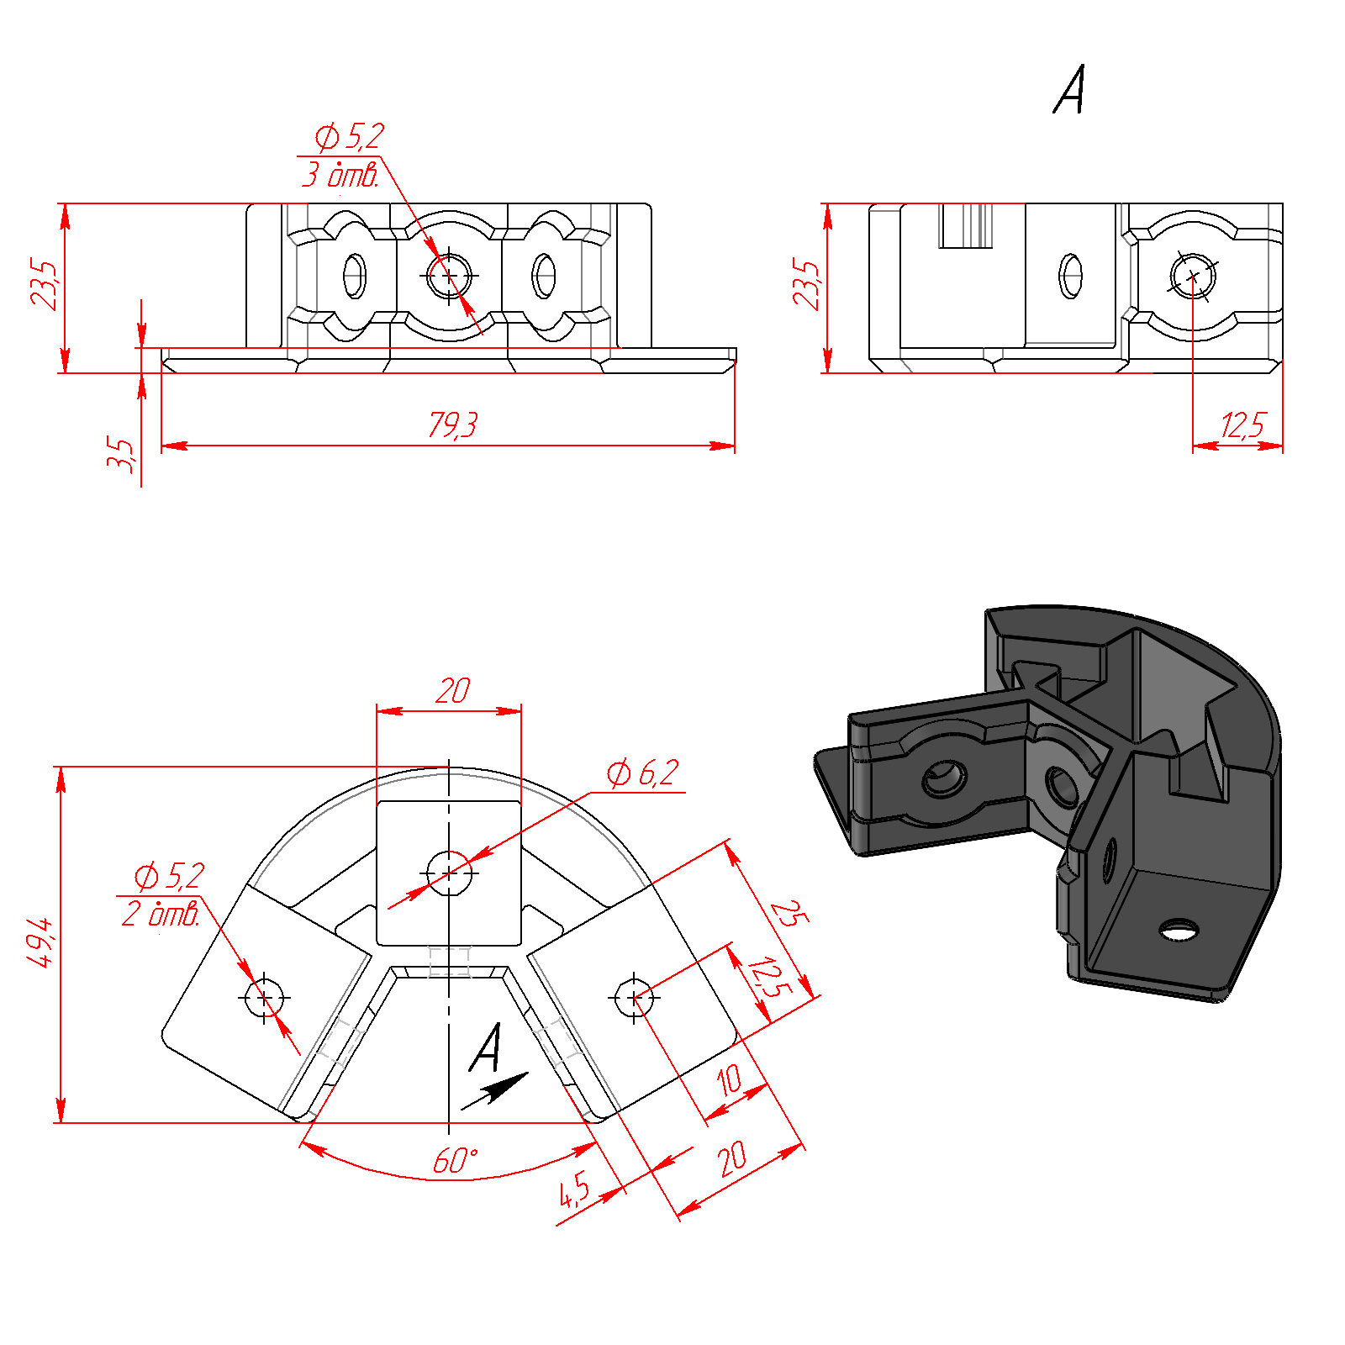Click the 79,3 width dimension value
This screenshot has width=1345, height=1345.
(x=452, y=425)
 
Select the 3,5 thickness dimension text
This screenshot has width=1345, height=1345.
(x=120, y=456)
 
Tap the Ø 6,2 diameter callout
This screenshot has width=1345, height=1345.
(x=642, y=773)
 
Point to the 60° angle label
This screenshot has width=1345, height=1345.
(x=455, y=1161)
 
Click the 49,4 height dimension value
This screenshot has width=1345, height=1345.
(x=40, y=942)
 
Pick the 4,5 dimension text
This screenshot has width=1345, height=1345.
(x=575, y=1189)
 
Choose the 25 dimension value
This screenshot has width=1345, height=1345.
(x=789, y=913)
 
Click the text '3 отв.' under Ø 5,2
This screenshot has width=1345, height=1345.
(x=340, y=175)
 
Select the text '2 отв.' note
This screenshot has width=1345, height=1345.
(x=161, y=913)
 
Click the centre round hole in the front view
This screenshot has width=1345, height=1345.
(x=449, y=275)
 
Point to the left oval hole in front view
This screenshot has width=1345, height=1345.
(x=355, y=275)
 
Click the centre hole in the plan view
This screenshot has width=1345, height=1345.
(x=449, y=873)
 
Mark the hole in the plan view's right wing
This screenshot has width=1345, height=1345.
(x=634, y=998)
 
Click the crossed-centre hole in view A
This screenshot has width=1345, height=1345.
(x=1193, y=276)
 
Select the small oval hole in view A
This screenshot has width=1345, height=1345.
(x=1070, y=276)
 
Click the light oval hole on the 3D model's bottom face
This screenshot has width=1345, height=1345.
(x=1179, y=930)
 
